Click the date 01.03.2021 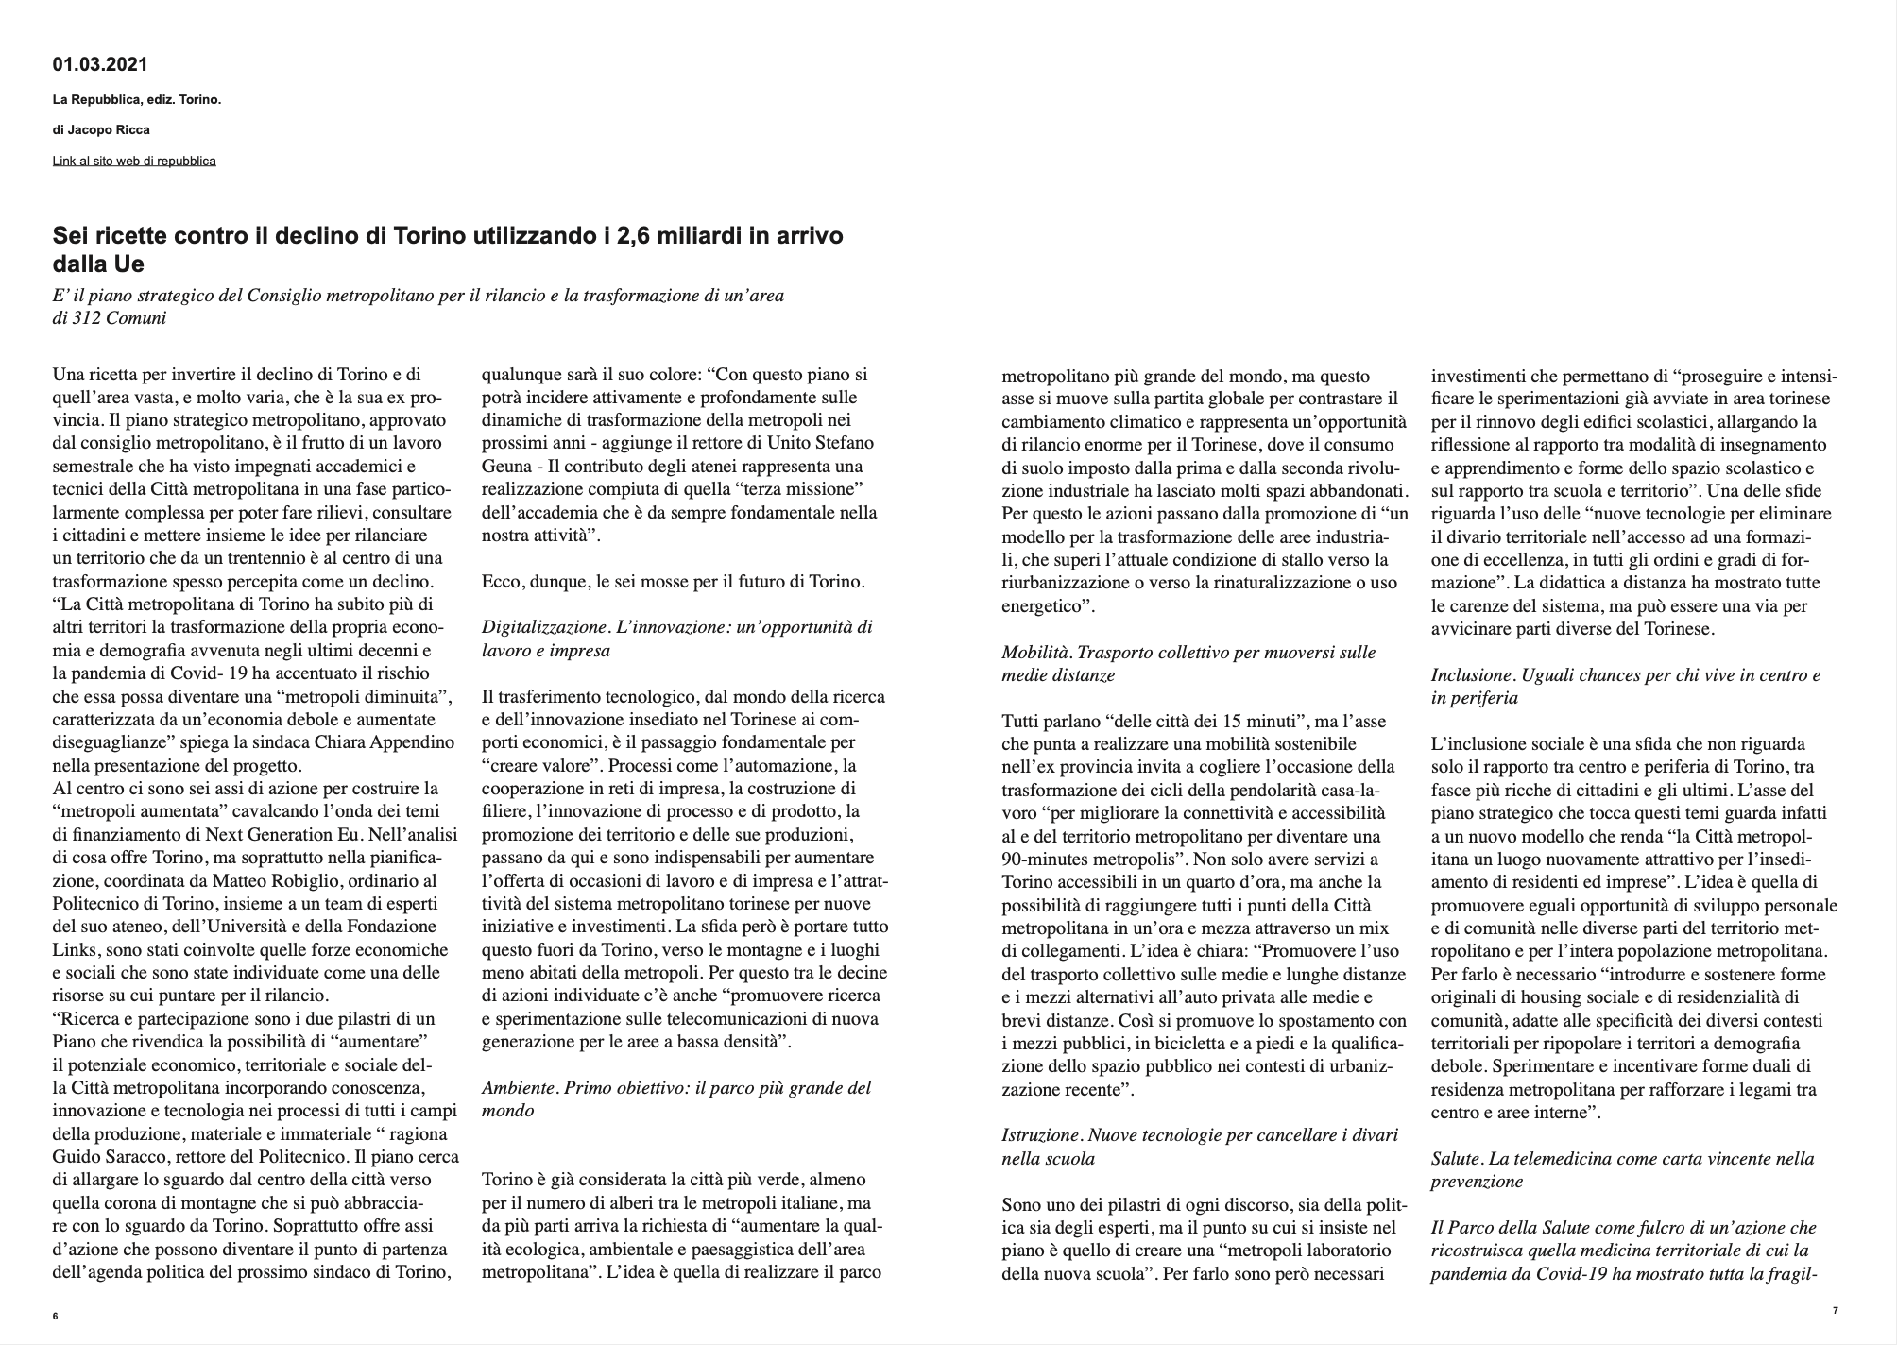click(100, 65)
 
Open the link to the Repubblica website click(134, 161)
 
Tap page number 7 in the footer click(1835, 1310)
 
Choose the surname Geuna click(507, 467)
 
